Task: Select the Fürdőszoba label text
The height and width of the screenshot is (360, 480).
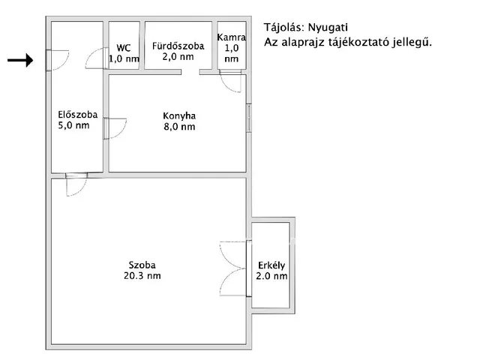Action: click(x=178, y=46)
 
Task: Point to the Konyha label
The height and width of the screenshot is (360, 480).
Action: click(x=179, y=116)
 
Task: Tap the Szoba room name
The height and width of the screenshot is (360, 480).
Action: click(x=142, y=265)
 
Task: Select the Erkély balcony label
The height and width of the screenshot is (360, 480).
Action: click(x=271, y=265)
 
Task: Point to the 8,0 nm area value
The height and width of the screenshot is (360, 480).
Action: click(x=179, y=127)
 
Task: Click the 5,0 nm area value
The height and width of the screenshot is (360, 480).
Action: click(x=74, y=125)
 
